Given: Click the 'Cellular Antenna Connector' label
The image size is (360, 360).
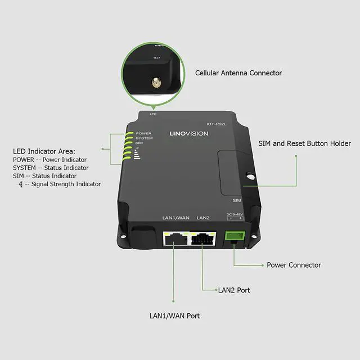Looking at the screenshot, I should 238,73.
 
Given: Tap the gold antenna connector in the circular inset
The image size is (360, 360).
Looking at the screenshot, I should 152,84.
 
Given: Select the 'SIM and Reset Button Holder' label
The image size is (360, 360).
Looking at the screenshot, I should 304,143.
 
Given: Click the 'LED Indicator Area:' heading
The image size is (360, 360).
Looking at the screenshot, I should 44,151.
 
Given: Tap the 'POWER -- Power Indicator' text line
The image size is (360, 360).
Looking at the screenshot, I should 49,160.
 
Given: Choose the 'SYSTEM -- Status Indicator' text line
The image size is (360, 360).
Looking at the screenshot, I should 51,168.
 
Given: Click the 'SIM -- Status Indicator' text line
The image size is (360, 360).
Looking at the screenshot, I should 44,176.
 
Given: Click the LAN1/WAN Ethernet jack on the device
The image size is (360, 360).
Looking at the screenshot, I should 175,240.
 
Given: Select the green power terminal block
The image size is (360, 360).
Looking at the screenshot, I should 233,236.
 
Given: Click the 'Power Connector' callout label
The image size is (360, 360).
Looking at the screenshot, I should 294,265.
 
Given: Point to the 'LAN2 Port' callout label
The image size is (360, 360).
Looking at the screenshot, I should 234,290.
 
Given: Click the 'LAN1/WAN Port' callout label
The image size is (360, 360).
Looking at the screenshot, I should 174,316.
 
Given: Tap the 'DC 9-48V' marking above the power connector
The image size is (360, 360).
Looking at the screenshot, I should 233,214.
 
